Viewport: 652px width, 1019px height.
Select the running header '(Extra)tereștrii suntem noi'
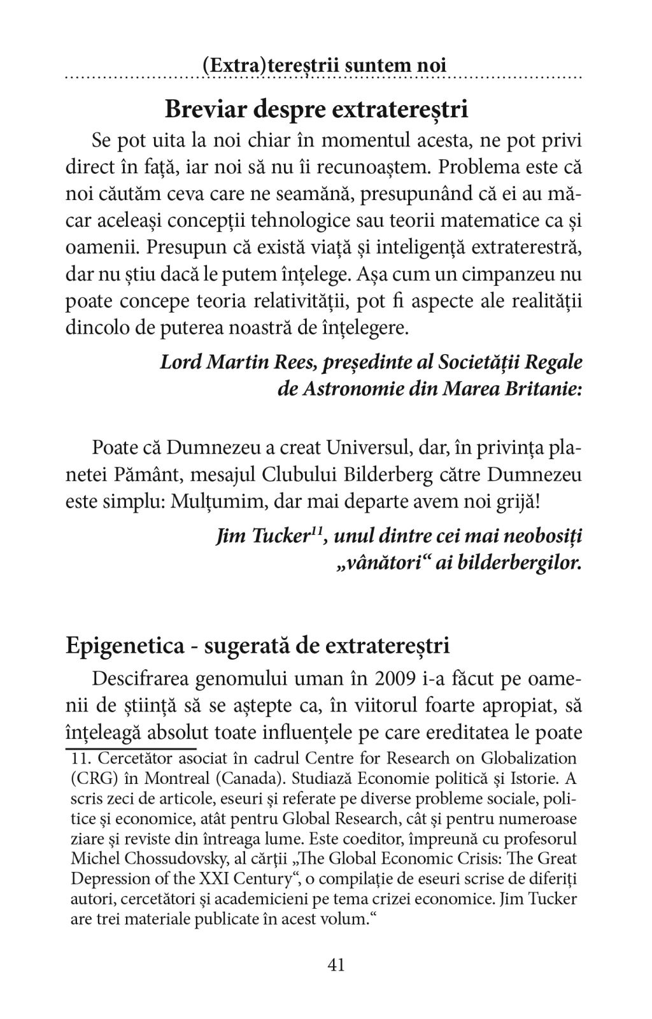click(x=324, y=66)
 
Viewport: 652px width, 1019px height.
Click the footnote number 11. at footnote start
click(x=82, y=759)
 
